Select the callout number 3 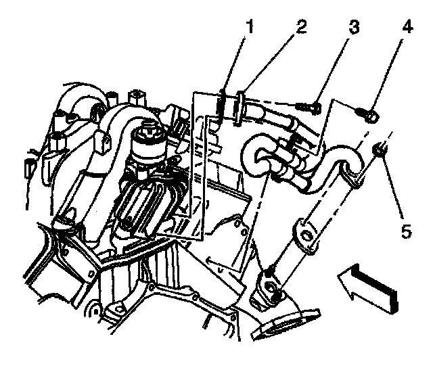[x=352, y=28]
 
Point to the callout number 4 [x=405, y=28]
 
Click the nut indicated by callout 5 [x=380, y=150]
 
